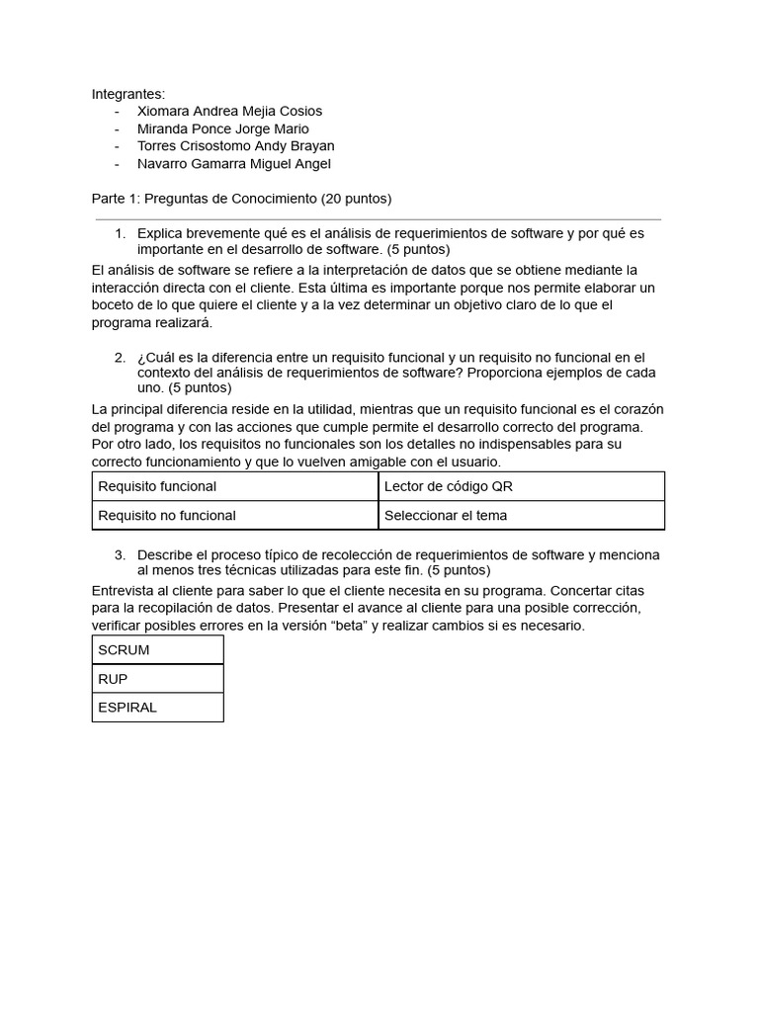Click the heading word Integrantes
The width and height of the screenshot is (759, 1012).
pyautogui.click(x=128, y=94)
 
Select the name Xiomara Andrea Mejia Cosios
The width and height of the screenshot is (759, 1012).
pyautogui.click(x=229, y=112)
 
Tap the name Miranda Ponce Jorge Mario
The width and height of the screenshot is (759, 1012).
pyautogui.click(x=222, y=129)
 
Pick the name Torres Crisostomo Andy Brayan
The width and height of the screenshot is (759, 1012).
pyautogui.click(x=235, y=146)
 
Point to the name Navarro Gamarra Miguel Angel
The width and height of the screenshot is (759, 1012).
pyautogui.click(x=233, y=164)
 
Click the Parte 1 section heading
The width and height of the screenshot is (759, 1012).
pyautogui.click(x=241, y=199)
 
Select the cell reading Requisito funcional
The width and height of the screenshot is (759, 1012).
pyautogui.click(x=157, y=486)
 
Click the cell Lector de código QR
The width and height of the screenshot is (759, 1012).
pyautogui.click(x=448, y=486)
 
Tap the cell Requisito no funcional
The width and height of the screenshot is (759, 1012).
pyautogui.click(x=166, y=515)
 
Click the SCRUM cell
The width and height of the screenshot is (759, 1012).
pyautogui.click(x=124, y=650)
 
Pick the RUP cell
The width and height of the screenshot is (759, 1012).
pyautogui.click(x=113, y=679)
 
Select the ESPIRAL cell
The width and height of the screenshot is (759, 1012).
pyautogui.click(x=127, y=708)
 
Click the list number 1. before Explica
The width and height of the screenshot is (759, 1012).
pyautogui.click(x=120, y=234)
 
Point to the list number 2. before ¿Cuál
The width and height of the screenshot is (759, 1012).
pyautogui.click(x=120, y=358)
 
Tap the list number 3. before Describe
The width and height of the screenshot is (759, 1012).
pyautogui.click(x=120, y=555)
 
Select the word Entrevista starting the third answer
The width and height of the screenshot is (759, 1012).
pyautogui.click(x=122, y=591)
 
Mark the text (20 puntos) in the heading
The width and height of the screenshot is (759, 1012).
pyautogui.click(x=356, y=199)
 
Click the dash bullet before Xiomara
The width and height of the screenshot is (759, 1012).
pyautogui.click(x=117, y=112)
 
